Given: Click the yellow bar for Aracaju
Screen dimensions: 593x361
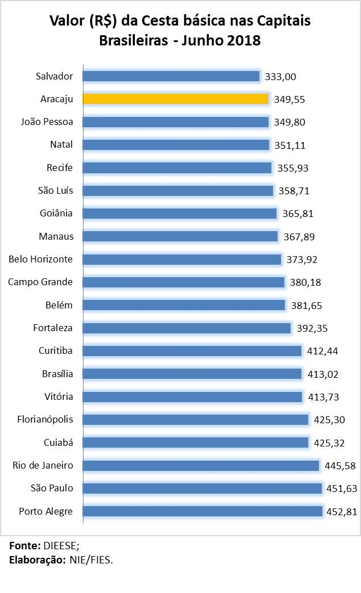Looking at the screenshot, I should click(x=176, y=99).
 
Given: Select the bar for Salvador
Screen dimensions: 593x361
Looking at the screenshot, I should click(x=171, y=76).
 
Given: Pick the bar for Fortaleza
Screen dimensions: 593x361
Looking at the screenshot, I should click(x=187, y=328).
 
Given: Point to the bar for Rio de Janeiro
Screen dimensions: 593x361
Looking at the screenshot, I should click(x=201, y=466).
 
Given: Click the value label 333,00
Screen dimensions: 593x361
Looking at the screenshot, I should click(x=281, y=77).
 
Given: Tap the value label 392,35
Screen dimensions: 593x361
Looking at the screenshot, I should click(x=312, y=328).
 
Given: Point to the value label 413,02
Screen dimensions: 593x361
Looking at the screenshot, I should click(x=322, y=374).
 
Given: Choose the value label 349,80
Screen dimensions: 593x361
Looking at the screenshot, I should click(x=289, y=122).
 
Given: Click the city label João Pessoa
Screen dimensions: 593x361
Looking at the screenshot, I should click(x=47, y=122).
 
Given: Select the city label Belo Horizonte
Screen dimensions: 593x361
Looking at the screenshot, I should click(x=40, y=259).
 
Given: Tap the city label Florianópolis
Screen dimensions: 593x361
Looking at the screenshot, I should click(x=45, y=420).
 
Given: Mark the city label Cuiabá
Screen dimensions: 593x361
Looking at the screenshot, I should click(x=58, y=442).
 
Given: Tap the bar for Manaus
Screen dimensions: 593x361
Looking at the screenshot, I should click(x=181, y=236).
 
